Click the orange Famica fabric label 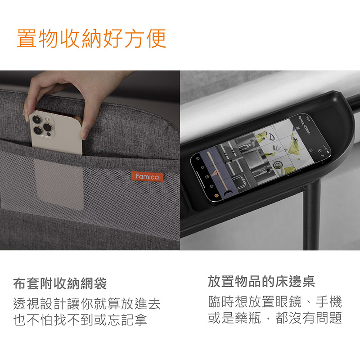coord(148,176)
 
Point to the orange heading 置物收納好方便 coord(92,38)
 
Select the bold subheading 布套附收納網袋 coord(60,283)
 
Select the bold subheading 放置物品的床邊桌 coord(261,281)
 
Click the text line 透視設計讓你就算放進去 coord(86,303)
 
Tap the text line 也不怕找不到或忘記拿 coord(80,319)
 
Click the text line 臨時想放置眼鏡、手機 coord(275,301)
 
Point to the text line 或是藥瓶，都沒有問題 coord(275,318)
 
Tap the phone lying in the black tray coord(261,158)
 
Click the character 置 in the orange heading coord(27,38)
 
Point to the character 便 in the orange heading coord(156,38)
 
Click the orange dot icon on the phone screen coord(216,196)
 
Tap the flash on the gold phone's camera coord(48,119)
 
